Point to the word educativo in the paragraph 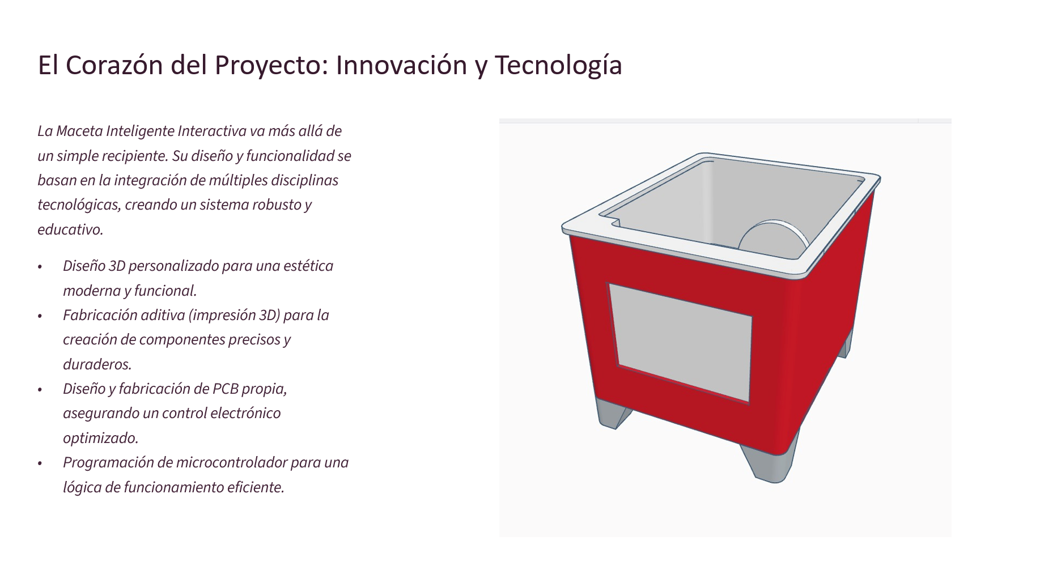click(70, 229)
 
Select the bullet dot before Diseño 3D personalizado click(40, 267)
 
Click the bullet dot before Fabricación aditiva click(40, 316)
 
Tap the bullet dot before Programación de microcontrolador click(40, 463)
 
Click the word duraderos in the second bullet click(97, 364)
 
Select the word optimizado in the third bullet click(100, 438)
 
